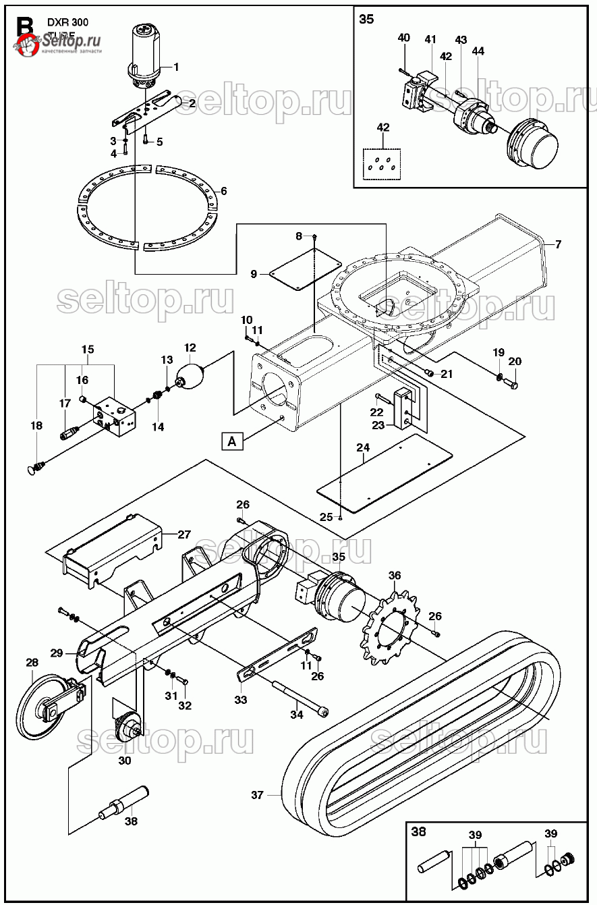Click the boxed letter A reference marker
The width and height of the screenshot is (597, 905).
(232, 441)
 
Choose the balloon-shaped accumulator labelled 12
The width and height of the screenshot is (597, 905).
(190, 373)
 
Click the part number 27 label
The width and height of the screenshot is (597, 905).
(184, 534)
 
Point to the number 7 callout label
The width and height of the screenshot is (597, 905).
(558, 244)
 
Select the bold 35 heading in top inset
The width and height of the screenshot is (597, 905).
(366, 19)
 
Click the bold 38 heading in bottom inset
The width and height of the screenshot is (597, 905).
(419, 831)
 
